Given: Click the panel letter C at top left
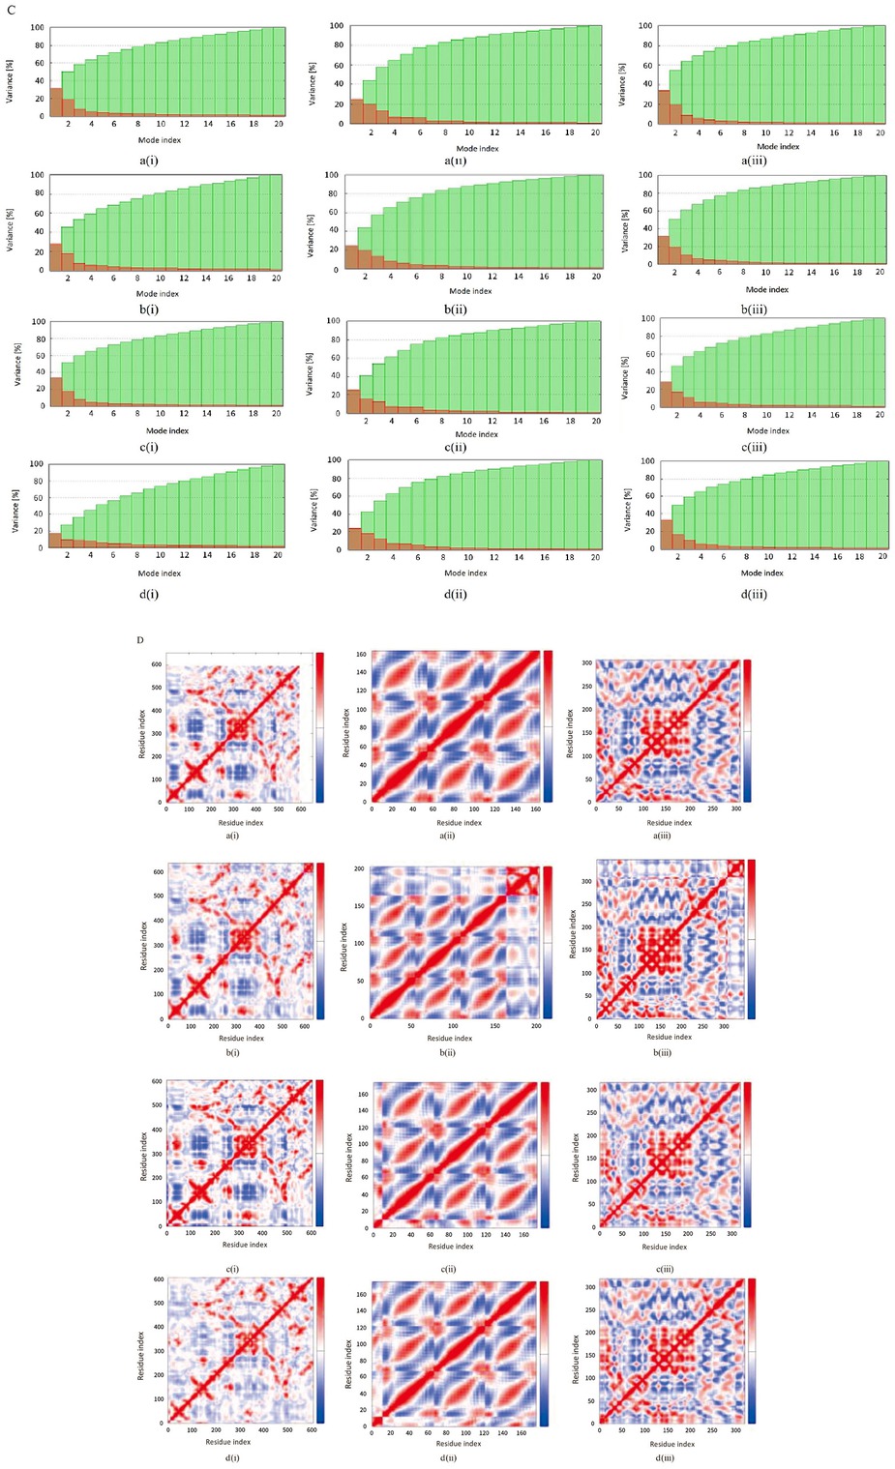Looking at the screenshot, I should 11,8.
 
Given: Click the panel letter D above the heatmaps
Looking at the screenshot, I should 140,640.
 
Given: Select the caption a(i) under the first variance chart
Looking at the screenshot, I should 149,161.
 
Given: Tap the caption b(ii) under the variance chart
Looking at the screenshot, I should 455,309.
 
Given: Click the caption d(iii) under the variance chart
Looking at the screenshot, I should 754,594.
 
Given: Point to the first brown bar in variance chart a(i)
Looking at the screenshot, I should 56,103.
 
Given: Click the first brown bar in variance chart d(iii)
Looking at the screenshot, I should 666,535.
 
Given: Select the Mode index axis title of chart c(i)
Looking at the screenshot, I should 167,430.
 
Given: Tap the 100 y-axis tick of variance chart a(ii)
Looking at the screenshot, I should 337,26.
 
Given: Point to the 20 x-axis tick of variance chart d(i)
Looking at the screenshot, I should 278,555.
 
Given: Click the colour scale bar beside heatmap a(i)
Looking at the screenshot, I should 319,727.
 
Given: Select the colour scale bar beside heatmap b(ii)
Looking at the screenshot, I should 548,942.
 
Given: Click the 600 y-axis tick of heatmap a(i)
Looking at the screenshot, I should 156,664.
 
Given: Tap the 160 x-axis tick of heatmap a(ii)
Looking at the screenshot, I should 536,809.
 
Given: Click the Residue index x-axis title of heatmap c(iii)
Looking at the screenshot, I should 665,1247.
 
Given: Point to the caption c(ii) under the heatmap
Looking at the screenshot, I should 448,1269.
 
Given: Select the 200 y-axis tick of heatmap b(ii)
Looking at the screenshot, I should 359,868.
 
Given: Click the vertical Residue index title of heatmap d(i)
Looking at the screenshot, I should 140,1354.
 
